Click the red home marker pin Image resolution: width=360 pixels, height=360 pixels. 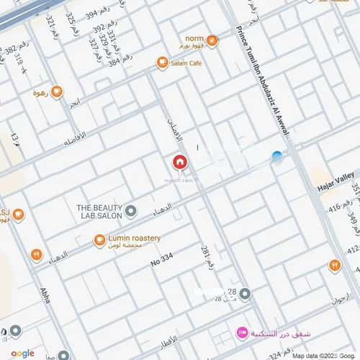(179, 162)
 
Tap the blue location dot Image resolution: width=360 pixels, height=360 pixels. (276, 156)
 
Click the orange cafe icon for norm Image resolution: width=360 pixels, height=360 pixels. (211, 40)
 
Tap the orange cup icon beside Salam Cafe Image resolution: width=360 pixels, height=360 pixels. (163, 63)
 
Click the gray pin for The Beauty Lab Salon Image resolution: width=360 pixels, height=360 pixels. (131, 211)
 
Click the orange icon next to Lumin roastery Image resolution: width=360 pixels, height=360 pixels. (99, 241)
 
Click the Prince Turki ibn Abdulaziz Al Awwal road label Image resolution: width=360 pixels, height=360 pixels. (262, 79)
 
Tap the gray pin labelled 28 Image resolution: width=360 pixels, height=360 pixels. (245, 294)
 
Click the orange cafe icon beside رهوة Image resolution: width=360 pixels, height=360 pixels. (56, 91)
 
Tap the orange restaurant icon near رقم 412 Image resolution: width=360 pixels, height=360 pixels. (334, 265)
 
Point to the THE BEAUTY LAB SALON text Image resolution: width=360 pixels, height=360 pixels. (97, 211)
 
